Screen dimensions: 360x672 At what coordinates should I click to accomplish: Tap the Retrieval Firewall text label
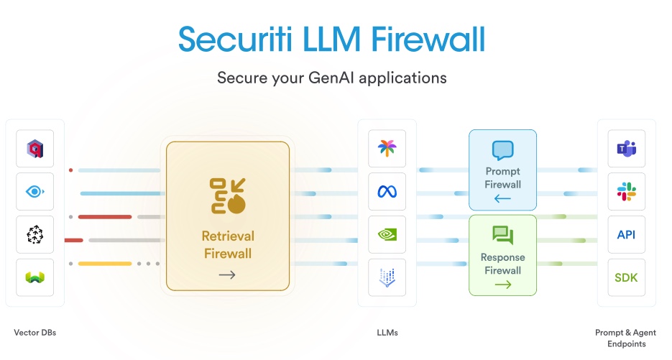pos(228,244)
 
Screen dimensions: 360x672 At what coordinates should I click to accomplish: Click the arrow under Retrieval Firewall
pos(227,274)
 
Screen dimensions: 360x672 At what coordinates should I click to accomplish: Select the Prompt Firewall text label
pos(502,178)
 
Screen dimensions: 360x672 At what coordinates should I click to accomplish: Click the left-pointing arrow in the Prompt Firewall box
pos(502,199)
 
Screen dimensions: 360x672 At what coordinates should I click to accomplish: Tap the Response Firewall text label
pos(502,264)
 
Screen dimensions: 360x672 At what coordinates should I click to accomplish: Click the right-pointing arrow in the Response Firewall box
pos(502,285)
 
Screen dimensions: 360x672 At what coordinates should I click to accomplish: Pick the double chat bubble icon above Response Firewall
pos(502,235)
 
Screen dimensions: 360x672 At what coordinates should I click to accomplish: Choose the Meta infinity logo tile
pos(387,192)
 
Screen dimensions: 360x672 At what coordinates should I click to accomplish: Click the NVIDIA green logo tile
pos(387,235)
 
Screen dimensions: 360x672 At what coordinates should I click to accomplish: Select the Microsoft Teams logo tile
pos(626,149)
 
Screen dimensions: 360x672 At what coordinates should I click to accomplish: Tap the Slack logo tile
pos(626,192)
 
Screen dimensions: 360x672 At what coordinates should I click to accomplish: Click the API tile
pos(626,235)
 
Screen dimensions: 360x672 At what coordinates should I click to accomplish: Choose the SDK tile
pos(626,277)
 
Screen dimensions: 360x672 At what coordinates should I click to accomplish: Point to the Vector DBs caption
pos(34,333)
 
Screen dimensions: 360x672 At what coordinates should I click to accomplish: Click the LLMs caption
pos(387,333)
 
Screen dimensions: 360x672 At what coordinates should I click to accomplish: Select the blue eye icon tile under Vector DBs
pos(35,192)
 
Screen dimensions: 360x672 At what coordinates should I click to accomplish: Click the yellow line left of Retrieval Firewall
pos(104,264)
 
